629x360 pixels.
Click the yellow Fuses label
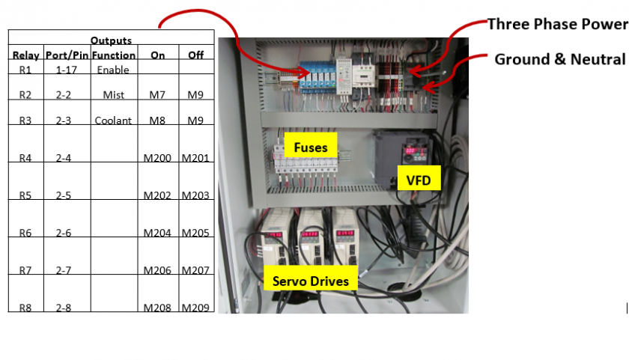tap(311, 147)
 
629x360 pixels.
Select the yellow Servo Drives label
tap(310, 281)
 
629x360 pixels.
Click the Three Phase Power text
tap(557, 24)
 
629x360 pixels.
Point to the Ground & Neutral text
tap(559, 59)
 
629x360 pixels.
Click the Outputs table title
tap(111, 40)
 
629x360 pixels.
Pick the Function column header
tap(115, 55)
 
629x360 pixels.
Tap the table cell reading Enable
tap(113, 70)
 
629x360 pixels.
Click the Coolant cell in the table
tap(113, 120)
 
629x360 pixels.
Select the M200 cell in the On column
tap(158, 158)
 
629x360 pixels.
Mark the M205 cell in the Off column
tap(195, 233)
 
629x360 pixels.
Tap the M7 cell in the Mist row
tap(158, 95)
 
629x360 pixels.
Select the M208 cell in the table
tap(158, 308)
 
